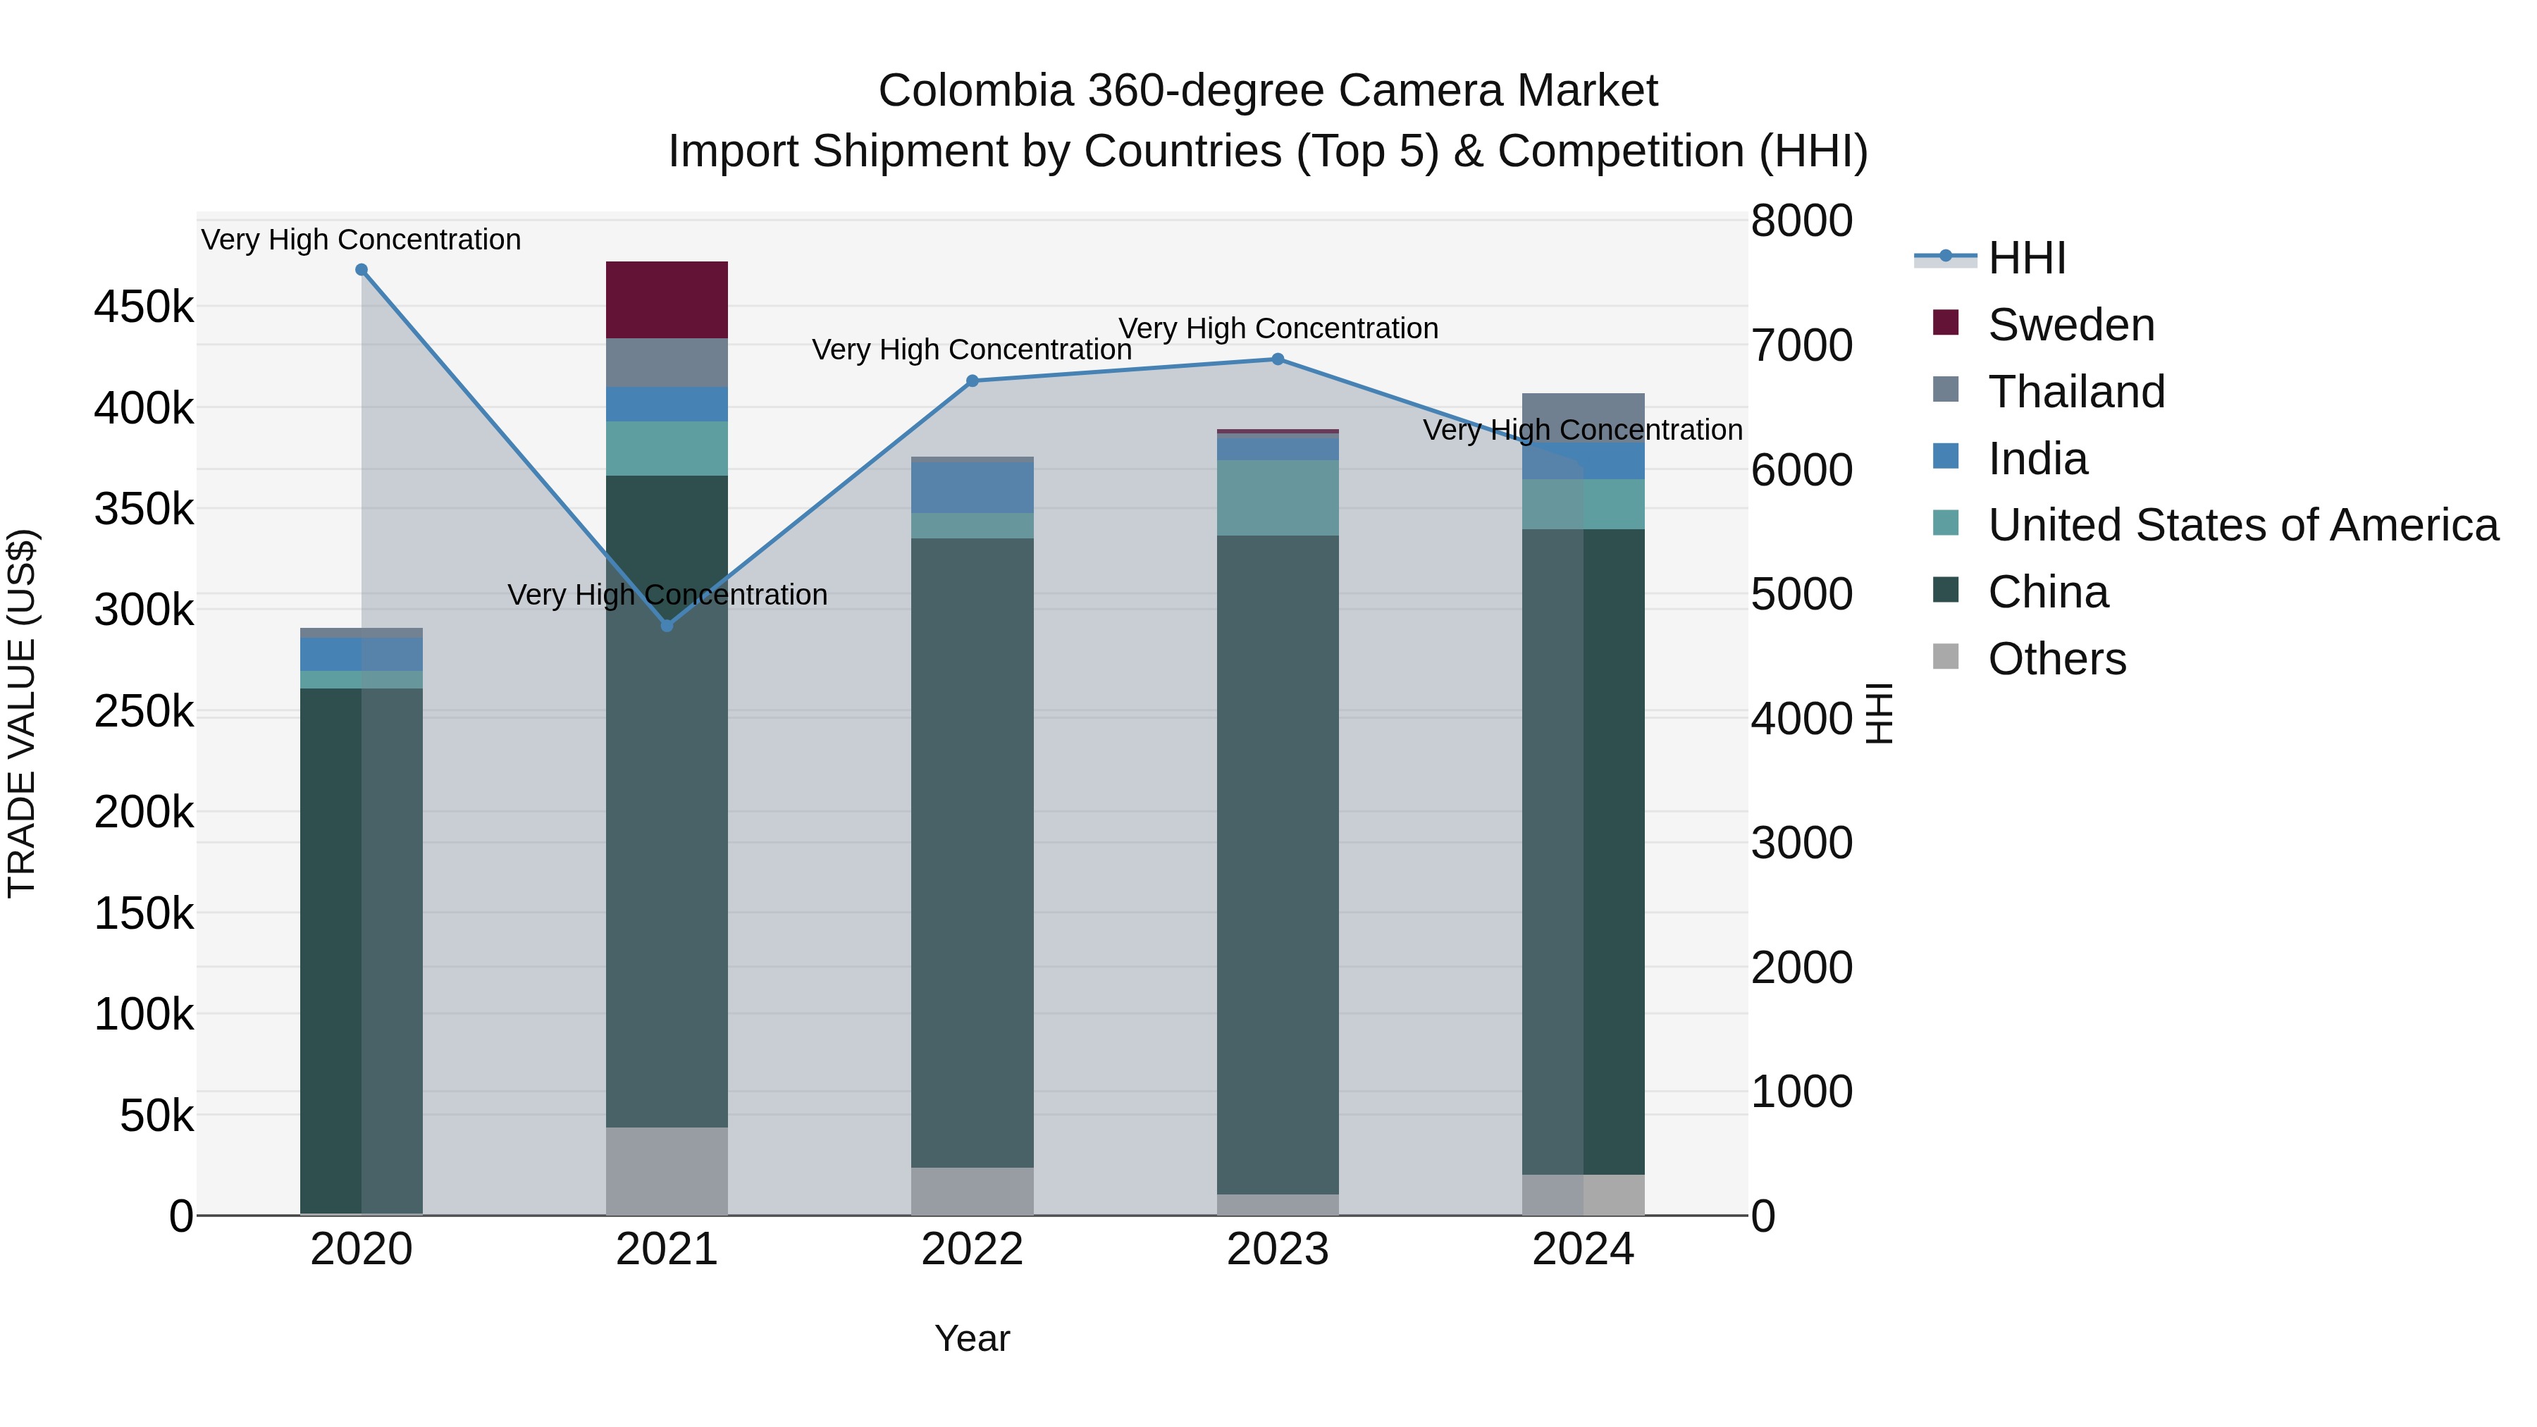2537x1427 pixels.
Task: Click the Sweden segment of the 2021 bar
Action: pyautogui.click(x=667, y=299)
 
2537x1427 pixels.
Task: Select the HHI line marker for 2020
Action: pyautogui.click(x=362, y=270)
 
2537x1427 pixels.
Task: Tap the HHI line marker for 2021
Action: pyautogui.click(x=667, y=625)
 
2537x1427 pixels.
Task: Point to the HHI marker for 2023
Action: pyautogui.click(x=1278, y=359)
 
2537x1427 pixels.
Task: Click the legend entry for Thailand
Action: pyautogui.click(x=2076, y=392)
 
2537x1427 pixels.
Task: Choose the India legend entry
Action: pyautogui.click(x=2037, y=459)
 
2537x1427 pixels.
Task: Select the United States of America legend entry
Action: pyautogui.click(x=2242, y=525)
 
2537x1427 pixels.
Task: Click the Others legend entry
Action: pyautogui.click(x=2056, y=659)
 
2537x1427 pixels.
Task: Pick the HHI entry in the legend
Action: pyautogui.click(x=2026, y=258)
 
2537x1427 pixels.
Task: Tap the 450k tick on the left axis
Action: pyautogui.click(x=144, y=307)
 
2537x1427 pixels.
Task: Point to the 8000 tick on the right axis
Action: pyautogui.click(x=1801, y=221)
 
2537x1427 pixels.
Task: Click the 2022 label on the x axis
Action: pyautogui.click(x=972, y=1249)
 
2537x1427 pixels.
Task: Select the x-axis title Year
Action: pyautogui.click(x=972, y=1338)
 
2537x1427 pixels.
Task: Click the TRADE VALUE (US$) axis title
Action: pyautogui.click(x=22, y=713)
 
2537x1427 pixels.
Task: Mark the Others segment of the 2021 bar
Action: pyautogui.click(x=667, y=1171)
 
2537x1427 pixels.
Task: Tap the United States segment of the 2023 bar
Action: pyautogui.click(x=1278, y=498)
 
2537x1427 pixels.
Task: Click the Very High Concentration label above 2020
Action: pyautogui.click(x=362, y=240)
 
